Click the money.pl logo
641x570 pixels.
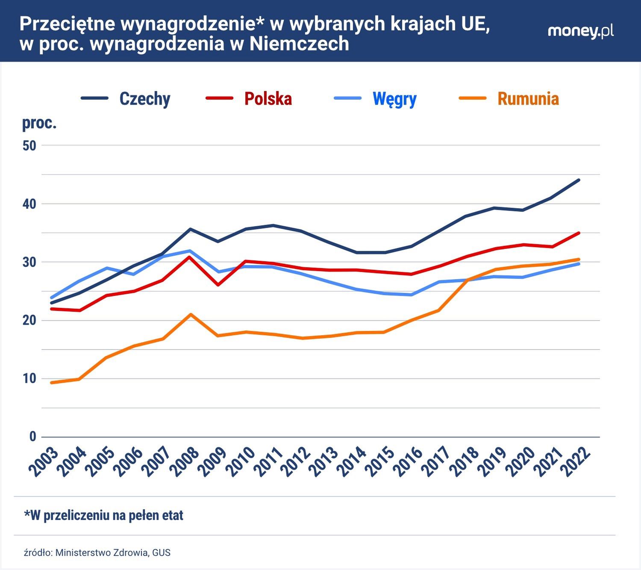coord(580,31)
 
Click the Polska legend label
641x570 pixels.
coord(268,99)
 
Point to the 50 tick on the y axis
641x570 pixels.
coord(29,145)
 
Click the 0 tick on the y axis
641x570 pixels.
coord(32,437)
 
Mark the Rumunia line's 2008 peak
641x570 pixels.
coord(191,314)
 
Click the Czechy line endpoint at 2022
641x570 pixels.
coord(579,180)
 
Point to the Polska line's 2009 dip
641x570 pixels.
coord(218,285)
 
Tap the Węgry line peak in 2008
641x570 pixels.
coord(191,251)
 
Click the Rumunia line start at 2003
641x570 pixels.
coord(52,383)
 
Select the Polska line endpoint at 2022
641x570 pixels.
coord(579,233)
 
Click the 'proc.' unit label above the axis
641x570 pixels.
coord(39,123)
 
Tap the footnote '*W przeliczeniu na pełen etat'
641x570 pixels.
coord(103,515)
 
